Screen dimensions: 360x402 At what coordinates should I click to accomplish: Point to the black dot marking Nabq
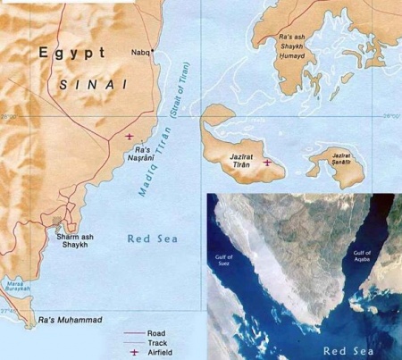[x=154, y=51]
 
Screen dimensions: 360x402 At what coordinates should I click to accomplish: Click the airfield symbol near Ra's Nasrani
[x=130, y=136]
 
